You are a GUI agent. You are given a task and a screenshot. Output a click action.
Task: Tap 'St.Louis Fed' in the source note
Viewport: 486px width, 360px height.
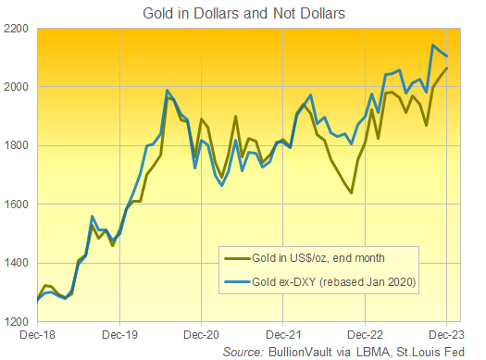[440, 352]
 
